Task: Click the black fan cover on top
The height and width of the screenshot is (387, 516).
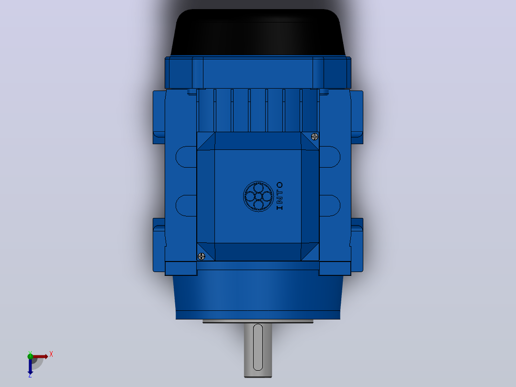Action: click(x=258, y=32)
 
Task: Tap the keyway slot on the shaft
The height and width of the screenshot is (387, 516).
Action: click(x=258, y=347)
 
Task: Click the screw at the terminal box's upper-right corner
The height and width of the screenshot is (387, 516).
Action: click(x=314, y=137)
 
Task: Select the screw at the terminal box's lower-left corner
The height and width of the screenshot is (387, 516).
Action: click(x=202, y=256)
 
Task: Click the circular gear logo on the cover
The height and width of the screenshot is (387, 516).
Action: click(x=258, y=196)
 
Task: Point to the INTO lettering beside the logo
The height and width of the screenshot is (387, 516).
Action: click(x=280, y=196)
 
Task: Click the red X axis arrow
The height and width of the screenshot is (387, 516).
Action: click(x=39, y=356)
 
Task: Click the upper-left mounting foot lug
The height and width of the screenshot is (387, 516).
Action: click(x=159, y=117)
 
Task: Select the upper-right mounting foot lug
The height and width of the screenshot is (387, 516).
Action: click(x=357, y=117)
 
